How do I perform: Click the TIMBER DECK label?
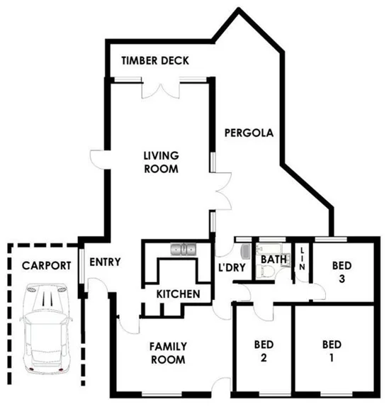pos(154,61)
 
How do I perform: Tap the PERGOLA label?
pos(249,133)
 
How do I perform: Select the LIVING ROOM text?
pos(161,162)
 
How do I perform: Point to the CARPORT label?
pos(45,266)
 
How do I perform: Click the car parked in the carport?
pos(46,328)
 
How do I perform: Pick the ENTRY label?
pos(106,262)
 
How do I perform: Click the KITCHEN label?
pos(178,294)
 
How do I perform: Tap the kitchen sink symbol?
pos(183,249)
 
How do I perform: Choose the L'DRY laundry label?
pos(232,267)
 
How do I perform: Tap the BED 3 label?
pos(342,272)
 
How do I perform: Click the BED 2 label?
pos(264,352)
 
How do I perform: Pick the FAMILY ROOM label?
pos(167,353)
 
